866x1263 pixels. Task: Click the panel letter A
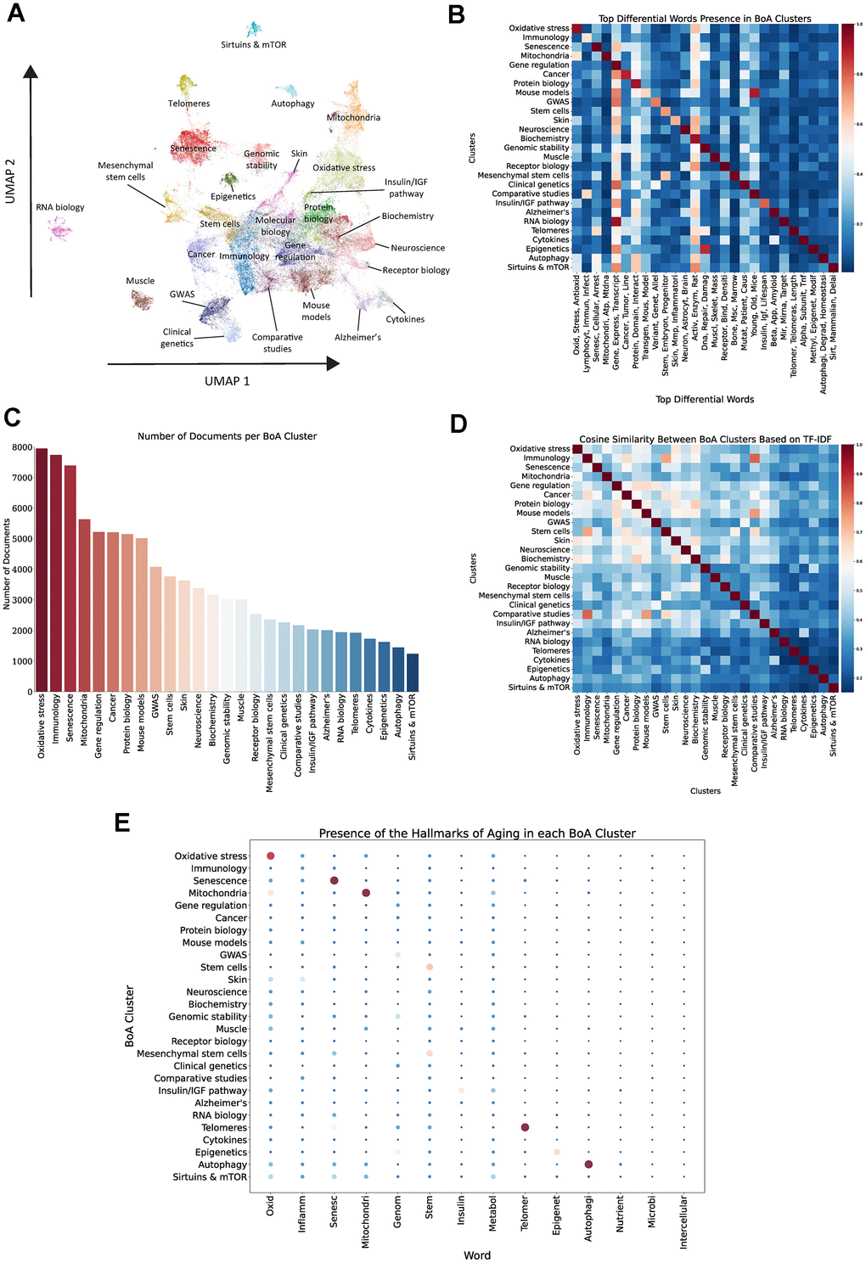pyautogui.click(x=14, y=14)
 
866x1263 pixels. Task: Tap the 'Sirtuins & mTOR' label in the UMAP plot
pyautogui.click(x=253, y=45)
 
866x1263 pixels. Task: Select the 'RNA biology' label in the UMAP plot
pyautogui.click(x=60, y=207)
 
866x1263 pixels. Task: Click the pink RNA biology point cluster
pyautogui.click(x=59, y=228)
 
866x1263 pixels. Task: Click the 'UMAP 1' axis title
pyautogui.click(x=227, y=381)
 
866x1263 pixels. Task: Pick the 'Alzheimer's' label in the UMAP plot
pyautogui.click(x=357, y=337)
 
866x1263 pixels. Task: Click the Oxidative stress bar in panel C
pyautogui.click(x=42, y=570)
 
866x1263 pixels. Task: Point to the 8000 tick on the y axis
pyautogui.click(x=22, y=447)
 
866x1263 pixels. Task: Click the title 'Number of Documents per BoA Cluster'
pyautogui.click(x=227, y=436)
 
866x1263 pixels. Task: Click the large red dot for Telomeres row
pyautogui.click(x=525, y=1127)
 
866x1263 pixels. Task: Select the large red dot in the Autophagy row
pyautogui.click(x=588, y=1165)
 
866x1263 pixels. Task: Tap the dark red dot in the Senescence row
pyautogui.click(x=335, y=881)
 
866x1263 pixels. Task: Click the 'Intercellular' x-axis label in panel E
pyautogui.click(x=683, y=1222)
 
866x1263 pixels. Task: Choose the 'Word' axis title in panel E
pyautogui.click(x=476, y=1255)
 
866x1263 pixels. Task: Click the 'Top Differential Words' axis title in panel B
pyautogui.click(x=704, y=399)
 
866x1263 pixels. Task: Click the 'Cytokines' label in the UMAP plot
pyautogui.click(x=405, y=319)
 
